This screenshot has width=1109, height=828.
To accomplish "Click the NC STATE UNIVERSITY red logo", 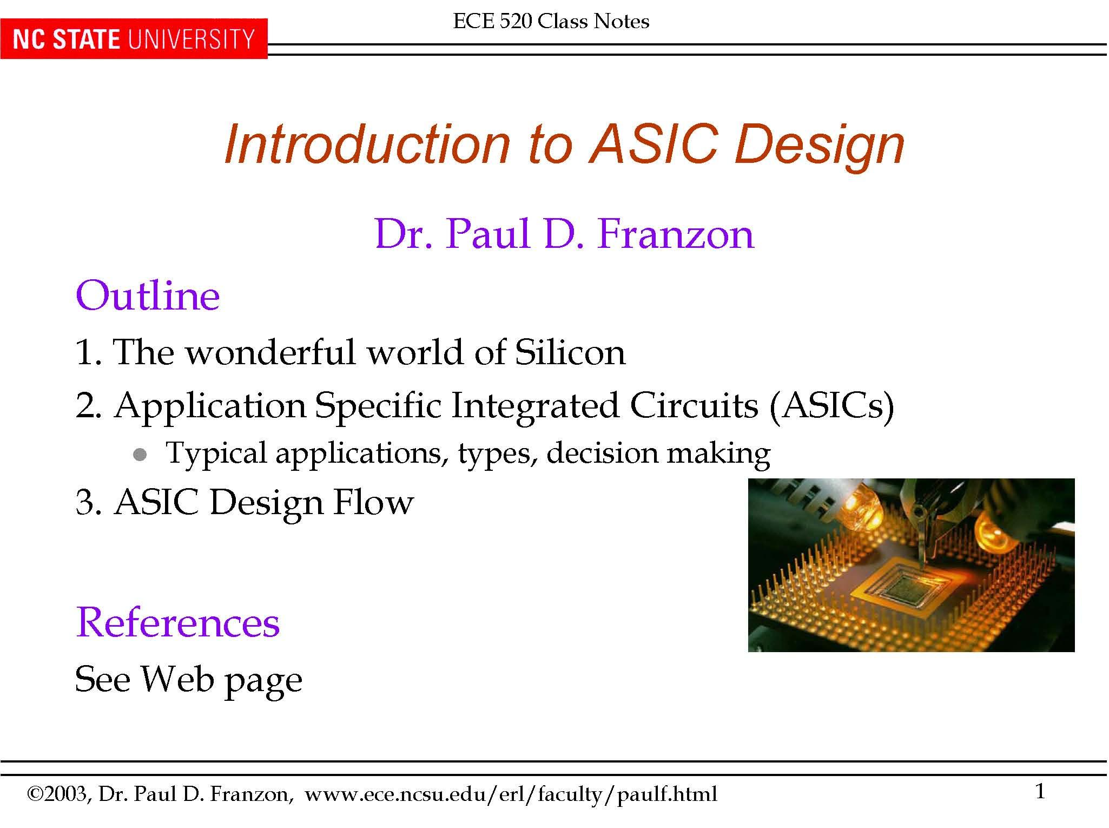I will click(133, 40).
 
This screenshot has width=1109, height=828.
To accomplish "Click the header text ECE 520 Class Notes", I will click(551, 21).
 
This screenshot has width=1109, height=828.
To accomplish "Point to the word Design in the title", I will click(819, 145).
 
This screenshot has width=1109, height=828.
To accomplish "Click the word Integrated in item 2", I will click(534, 405).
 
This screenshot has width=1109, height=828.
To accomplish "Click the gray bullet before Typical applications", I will click(140, 455).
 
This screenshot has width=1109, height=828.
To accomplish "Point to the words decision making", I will click(658, 454).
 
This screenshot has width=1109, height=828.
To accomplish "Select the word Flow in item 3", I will click(373, 502).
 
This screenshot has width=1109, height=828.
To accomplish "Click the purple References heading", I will click(177, 622).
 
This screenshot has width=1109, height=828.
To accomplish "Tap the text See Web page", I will click(188, 679).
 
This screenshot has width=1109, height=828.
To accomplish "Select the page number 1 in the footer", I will click(1039, 792).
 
